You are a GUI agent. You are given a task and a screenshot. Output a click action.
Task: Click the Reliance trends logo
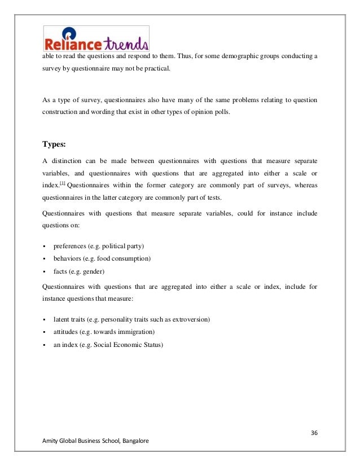(96, 39)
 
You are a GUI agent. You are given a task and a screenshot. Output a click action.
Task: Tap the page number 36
(314, 433)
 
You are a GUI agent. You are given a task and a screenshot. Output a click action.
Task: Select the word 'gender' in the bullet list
(97, 271)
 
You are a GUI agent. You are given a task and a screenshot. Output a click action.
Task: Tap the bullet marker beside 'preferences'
(44, 246)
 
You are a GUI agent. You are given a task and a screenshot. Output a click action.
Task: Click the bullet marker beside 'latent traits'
(44, 319)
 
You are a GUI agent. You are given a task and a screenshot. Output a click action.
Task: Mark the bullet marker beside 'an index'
(44, 344)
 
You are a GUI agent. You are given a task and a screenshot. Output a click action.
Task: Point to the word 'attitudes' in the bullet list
(67, 332)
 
